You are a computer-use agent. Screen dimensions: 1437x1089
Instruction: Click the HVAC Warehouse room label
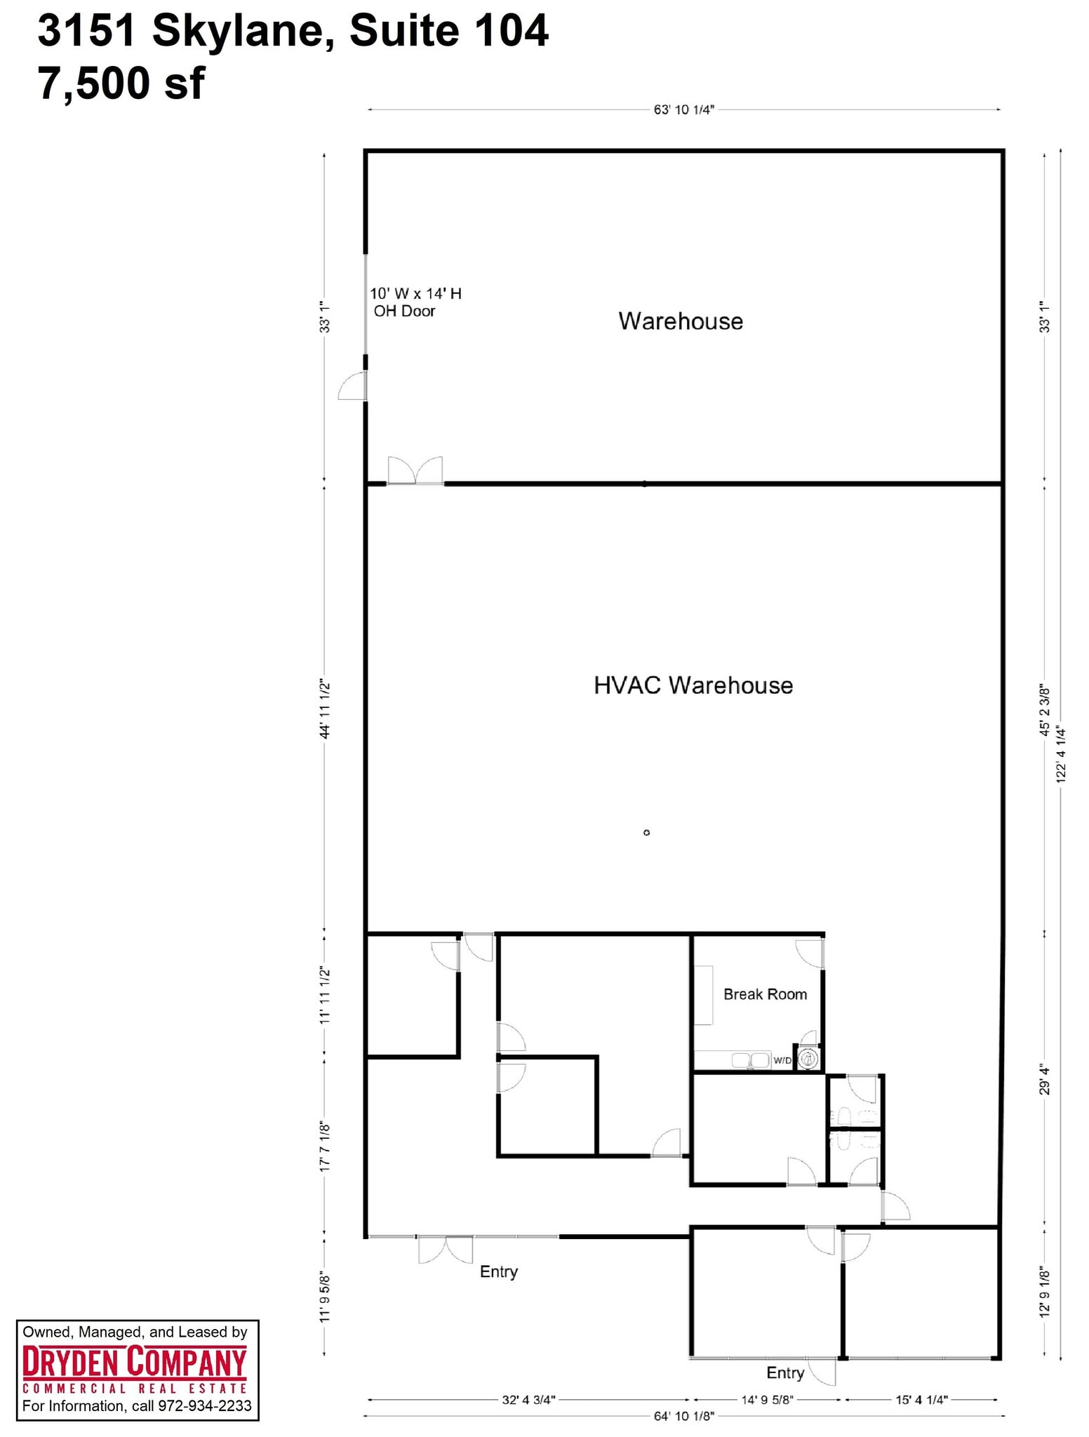tap(693, 686)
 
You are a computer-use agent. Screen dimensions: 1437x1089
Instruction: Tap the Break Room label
tap(765, 994)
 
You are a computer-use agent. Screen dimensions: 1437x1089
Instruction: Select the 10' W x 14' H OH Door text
tap(415, 302)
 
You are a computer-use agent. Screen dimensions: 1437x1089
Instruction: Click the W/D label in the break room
tap(782, 1060)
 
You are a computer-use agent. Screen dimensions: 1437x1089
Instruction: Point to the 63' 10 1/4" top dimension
tap(683, 110)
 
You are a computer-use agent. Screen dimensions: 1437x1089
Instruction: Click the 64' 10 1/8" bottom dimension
tap(683, 1416)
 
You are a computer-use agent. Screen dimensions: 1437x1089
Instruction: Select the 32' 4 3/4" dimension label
tap(528, 1400)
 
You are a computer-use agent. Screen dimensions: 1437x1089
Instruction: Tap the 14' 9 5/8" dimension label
tap(767, 1400)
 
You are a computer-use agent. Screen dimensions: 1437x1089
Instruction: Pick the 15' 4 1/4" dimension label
tap(921, 1400)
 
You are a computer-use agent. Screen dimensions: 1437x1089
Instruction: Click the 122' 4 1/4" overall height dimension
tap(1061, 754)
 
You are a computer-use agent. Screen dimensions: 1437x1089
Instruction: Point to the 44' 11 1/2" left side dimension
tap(325, 708)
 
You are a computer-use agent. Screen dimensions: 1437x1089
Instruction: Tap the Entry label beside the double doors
tap(498, 1271)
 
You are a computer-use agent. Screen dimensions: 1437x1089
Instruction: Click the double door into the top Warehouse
tap(415, 471)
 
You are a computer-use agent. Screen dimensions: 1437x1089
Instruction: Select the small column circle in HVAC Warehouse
tap(646, 833)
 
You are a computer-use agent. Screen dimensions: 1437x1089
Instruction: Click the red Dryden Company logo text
tap(134, 1362)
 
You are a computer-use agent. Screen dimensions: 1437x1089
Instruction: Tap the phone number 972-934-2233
tap(204, 1405)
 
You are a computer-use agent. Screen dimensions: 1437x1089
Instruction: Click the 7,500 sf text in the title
tap(121, 83)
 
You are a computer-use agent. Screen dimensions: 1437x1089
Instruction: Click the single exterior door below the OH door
tap(353, 387)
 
